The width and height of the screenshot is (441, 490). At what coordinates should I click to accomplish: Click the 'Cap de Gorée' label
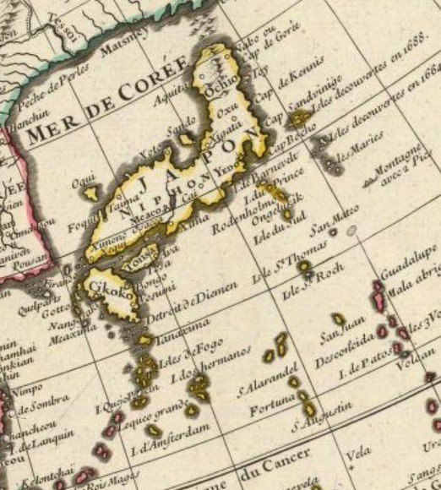[x=279, y=38]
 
